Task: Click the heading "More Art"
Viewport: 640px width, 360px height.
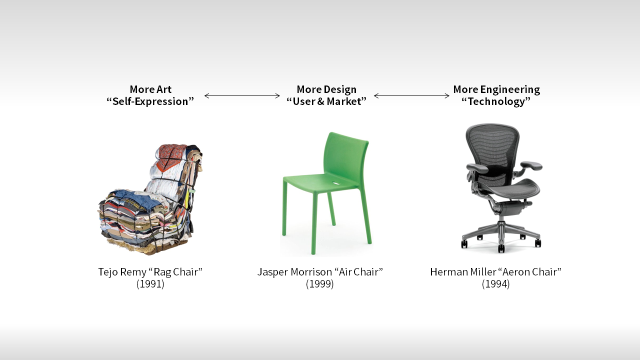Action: (x=150, y=89)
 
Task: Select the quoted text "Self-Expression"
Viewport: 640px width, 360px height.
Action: (x=150, y=101)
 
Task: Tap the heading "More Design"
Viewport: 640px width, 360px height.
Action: (x=326, y=89)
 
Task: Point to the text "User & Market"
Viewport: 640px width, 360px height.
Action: (x=326, y=101)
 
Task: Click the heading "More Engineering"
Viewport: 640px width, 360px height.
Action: (x=496, y=89)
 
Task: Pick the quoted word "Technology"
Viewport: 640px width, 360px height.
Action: (x=496, y=102)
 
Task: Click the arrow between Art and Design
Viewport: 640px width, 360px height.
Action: (x=242, y=95)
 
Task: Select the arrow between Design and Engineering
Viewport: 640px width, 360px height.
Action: (x=411, y=95)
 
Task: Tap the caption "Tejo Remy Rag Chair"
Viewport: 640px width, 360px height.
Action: (x=150, y=272)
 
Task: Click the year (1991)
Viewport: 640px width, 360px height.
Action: (x=150, y=284)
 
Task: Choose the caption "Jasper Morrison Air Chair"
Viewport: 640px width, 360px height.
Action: (x=320, y=272)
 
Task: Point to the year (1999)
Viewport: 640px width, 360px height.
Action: (x=320, y=284)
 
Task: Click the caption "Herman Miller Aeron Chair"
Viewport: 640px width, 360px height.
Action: (x=495, y=272)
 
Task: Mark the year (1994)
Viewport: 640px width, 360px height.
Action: (x=495, y=284)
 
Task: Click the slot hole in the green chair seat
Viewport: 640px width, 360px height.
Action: (x=336, y=182)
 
